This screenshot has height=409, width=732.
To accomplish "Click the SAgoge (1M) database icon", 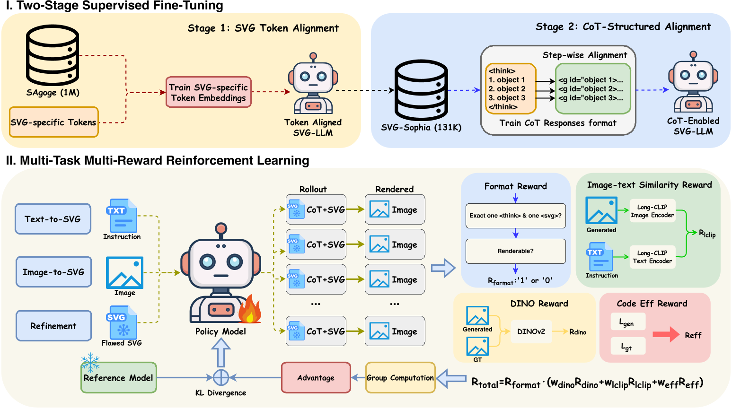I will [53, 55].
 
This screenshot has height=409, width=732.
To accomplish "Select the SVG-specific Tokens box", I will [53, 122].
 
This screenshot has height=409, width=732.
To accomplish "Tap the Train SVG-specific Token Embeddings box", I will [208, 93].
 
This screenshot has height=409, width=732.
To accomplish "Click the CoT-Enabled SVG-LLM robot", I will [693, 83].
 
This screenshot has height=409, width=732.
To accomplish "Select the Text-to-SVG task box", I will [53, 219].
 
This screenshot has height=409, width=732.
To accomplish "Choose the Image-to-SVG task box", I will [53, 272].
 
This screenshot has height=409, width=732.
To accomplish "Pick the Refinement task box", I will [53, 326].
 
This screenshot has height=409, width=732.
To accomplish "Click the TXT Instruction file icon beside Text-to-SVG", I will [122, 216].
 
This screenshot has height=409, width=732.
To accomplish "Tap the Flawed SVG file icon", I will [122, 322].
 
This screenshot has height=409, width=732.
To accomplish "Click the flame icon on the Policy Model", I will [249, 309].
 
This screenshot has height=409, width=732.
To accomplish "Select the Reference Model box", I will [118, 378].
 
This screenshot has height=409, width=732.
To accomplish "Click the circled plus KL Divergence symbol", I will [221, 378].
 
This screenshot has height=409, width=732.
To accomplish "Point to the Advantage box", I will [316, 378].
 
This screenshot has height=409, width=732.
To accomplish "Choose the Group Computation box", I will [400, 378].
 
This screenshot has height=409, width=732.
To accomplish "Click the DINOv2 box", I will [531, 331].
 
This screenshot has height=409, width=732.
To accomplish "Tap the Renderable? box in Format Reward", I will [515, 251].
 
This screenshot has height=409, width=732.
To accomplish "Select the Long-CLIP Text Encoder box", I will [652, 257].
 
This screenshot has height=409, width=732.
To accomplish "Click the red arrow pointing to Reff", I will [666, 335].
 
